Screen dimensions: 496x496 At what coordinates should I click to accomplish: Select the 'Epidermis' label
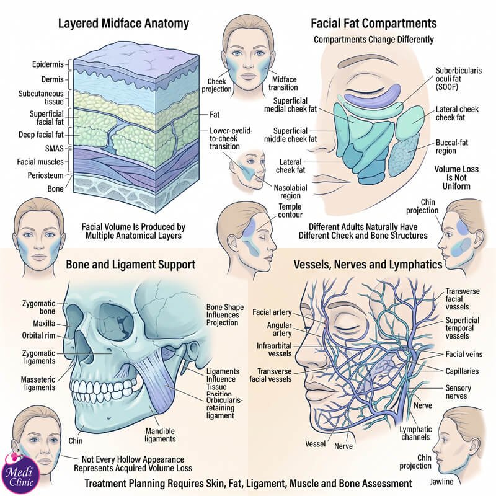tap(48, 64)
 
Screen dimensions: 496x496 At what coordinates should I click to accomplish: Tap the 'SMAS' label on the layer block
tap(54, 148)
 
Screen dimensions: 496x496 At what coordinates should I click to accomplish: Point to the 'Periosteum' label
tap(45, 175)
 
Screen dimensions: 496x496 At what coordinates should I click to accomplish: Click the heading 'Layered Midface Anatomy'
tap(123, 24)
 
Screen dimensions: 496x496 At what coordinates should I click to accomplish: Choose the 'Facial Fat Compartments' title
tap(374, 23)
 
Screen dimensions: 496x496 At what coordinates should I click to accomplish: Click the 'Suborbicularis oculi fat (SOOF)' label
tap(458, 79)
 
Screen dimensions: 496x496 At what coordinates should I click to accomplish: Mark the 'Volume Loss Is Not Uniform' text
tap(456, 177)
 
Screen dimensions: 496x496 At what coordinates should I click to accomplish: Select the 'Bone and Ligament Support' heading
tap(130, 265)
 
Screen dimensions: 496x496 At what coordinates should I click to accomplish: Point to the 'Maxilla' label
tap(44, 324)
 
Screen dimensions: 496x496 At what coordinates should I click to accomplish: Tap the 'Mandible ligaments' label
tap(160, 435)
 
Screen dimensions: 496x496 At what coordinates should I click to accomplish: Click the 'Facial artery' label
tap(272, 312)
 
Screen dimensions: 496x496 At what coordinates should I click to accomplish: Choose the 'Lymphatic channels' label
tap(415, 433)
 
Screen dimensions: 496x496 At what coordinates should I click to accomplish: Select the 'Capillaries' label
tap(462, 371)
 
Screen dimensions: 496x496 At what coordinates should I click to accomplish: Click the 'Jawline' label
tap(441, 482)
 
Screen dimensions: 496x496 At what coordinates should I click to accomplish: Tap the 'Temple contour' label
tap(290, 211)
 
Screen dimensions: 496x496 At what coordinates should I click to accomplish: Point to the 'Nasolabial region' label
tap(290, 192)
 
